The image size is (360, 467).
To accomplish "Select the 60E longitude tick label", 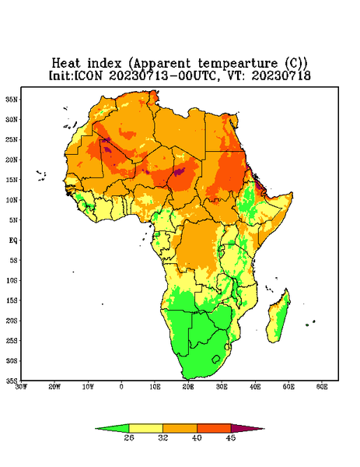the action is click(x=322, y=387).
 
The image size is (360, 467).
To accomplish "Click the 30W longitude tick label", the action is click(x=21, y=387).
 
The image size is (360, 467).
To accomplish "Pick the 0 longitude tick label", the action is click(x=121, y=387).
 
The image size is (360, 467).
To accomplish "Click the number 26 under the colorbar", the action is click(x=129, y=437).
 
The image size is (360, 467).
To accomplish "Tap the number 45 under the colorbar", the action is click(x=231, y=437).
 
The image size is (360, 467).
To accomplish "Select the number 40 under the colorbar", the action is click(x=197, y=437).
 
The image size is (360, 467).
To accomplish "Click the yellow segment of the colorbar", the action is click(x=145, y=428).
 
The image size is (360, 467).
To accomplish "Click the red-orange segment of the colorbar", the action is click(x=214, y=428).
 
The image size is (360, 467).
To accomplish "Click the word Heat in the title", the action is click(x=66, y=64).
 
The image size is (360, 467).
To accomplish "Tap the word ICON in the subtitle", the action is click(x=89, y=75).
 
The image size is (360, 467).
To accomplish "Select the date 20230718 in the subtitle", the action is click(x=281, y=75).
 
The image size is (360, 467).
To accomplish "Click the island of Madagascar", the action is click(x=279, y=318).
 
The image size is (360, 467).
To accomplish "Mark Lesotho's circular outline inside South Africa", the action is click(x=216, y=359).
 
